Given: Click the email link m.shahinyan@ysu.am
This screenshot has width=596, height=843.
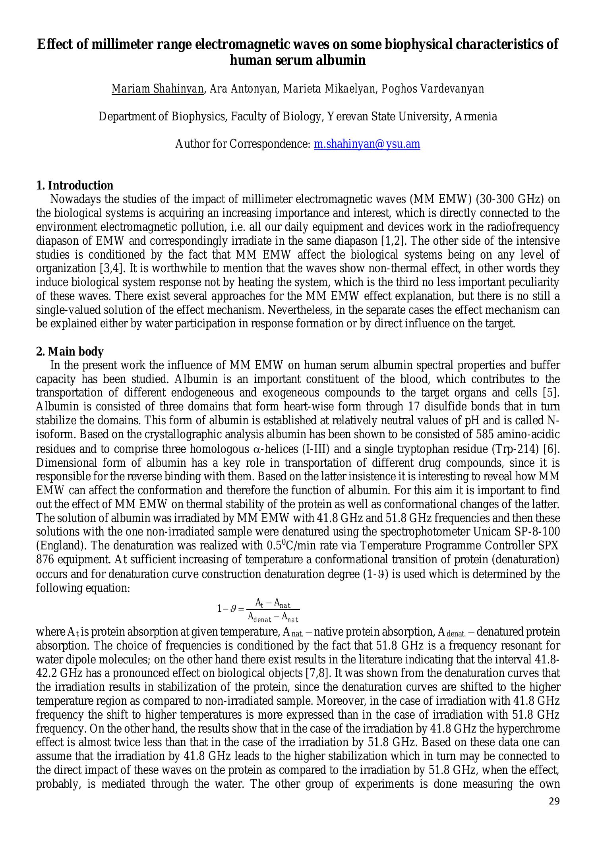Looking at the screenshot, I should click(367, 144).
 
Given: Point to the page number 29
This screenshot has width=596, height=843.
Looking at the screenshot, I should click(554, 801).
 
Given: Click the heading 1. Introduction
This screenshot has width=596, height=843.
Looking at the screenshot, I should click(75, 186).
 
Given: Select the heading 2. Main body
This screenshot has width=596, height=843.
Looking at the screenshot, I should click(70, 352).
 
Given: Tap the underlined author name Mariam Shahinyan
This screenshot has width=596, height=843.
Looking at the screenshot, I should click(157, 89).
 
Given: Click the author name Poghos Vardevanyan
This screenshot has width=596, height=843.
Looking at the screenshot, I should click(433, 89).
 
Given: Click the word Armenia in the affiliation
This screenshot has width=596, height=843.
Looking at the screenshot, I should click(476, 116).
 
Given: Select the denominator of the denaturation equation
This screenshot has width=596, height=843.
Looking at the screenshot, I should click(273, 617).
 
